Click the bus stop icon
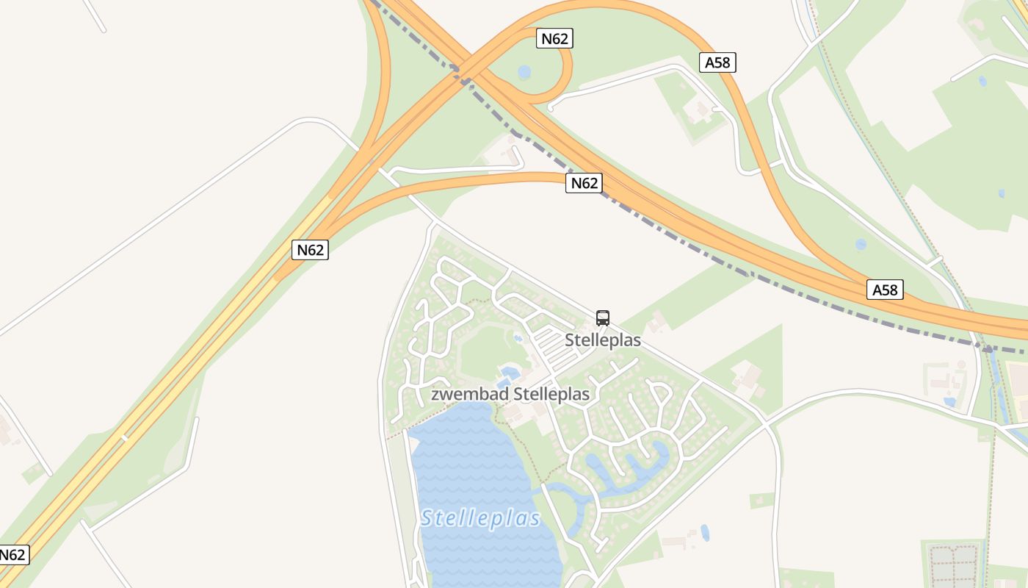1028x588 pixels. click(603, 318)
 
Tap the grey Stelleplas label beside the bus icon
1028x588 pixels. click(603, 340)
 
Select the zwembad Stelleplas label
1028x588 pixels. click(510, 395)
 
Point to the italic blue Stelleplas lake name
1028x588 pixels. click(481, 518)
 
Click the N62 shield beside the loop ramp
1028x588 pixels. click(554, 38)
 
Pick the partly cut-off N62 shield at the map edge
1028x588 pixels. click(13, 554)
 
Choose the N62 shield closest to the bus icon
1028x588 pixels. click(584, 183)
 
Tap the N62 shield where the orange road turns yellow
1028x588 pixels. click(310, 250)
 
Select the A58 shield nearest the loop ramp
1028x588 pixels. click(717, 62)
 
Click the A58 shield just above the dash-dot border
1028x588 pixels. click(885, 290)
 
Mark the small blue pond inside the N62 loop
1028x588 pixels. click(524, 72)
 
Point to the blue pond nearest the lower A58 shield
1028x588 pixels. click(861, 244)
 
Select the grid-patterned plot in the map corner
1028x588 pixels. click(953, 564)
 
